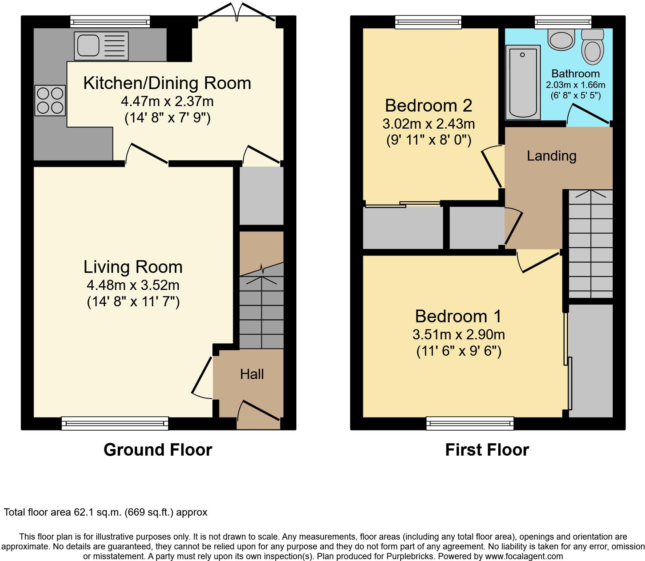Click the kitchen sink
[101, 46]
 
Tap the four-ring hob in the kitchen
[50, 101]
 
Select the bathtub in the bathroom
[523, 82]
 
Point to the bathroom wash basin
[561, 39]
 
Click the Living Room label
[133, 267]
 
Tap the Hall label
[252, 374]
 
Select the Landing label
[552, 156]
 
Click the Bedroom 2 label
[429, 106]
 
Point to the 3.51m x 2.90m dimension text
[459, 334]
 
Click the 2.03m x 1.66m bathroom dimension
[576, 85]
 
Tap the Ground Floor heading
[158, 450]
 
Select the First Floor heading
[487, 450]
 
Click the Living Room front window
[115, 423]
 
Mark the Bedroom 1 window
[470, 423]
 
